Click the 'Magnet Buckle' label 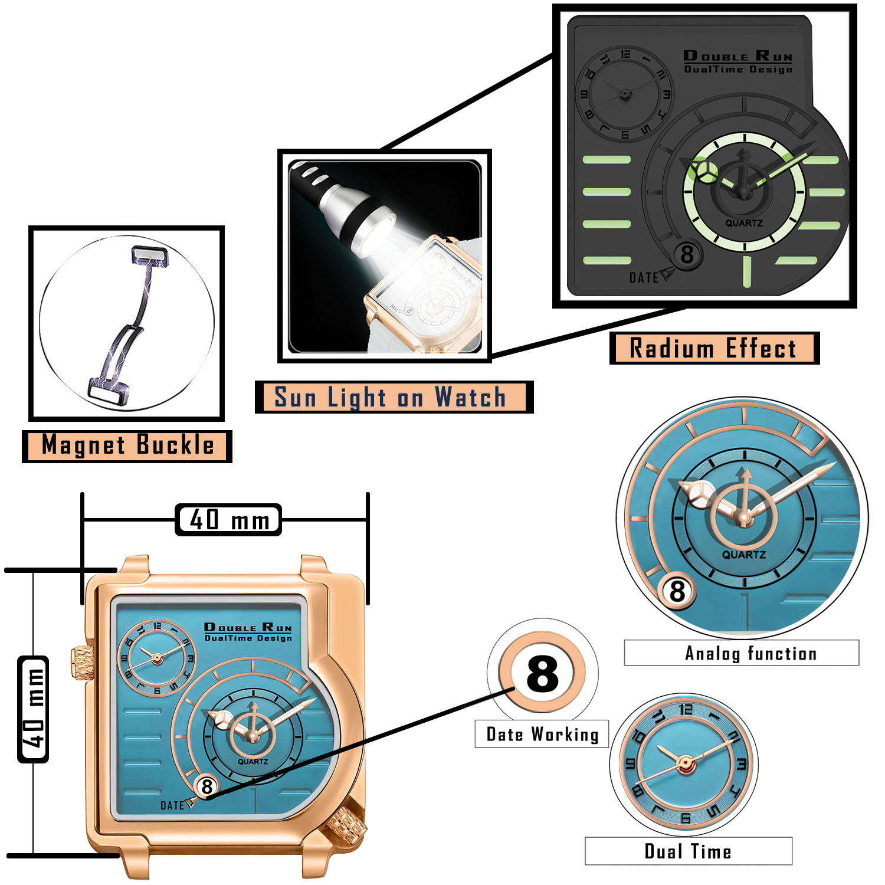coord(127,446)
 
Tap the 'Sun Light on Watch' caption coord(391,397)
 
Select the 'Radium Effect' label coord(713,348)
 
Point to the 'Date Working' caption coord(542,735)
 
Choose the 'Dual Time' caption coord(688,851)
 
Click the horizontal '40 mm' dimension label coord(228,520)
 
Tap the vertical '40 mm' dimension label coord(34,709)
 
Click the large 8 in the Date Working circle coord(542,674)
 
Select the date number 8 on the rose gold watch coord(206,786)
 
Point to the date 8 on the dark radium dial coord(687,255)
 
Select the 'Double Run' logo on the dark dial coord(737,56)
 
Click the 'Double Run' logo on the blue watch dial coord(248,627)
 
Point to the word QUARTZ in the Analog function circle coord(744,555)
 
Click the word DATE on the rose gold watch coord(172,805)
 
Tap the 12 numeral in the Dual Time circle coord(686,709)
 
